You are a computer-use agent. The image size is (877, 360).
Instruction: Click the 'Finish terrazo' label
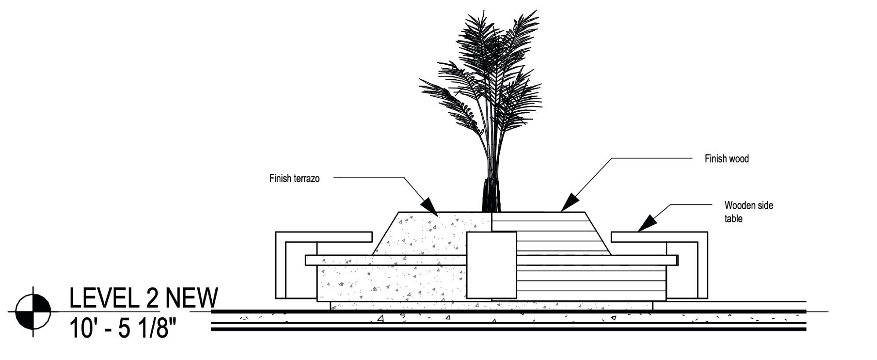click(x=294, y=179)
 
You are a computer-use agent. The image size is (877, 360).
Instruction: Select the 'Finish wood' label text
click(x=726, y=159)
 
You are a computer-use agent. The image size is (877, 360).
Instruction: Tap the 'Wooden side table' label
click(x=748, y=212)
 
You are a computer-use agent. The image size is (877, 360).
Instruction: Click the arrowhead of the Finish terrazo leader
click(x=429, y=207)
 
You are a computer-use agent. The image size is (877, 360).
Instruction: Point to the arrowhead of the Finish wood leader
click(x=570, y=203)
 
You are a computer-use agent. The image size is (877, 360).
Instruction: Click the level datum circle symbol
click(x=33, y=312)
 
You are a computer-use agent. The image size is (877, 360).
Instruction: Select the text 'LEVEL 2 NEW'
click(x=144, y=298)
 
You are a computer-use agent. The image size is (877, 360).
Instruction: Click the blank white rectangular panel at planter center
click(x=491, y=265)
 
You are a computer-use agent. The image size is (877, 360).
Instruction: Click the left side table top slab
click(x=324, y=237)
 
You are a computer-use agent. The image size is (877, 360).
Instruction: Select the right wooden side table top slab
click(x=659, y=237)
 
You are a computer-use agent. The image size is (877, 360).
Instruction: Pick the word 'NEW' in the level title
click(x=191, y=298)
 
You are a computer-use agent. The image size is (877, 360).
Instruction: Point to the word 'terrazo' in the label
click(x=306, y=179)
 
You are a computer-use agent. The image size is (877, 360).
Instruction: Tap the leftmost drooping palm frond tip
click(x=421, y=81)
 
